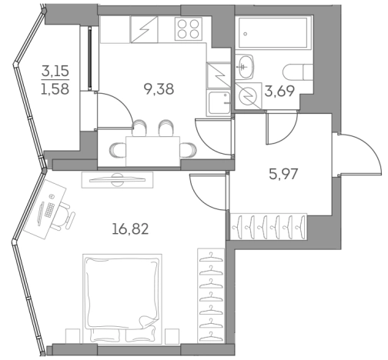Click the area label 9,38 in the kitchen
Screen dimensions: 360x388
coord(159,88)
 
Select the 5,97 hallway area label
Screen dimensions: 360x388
coord(283,173)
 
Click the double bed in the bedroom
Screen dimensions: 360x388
coord(123,292)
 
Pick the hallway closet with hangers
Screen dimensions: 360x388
coord(269,226)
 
